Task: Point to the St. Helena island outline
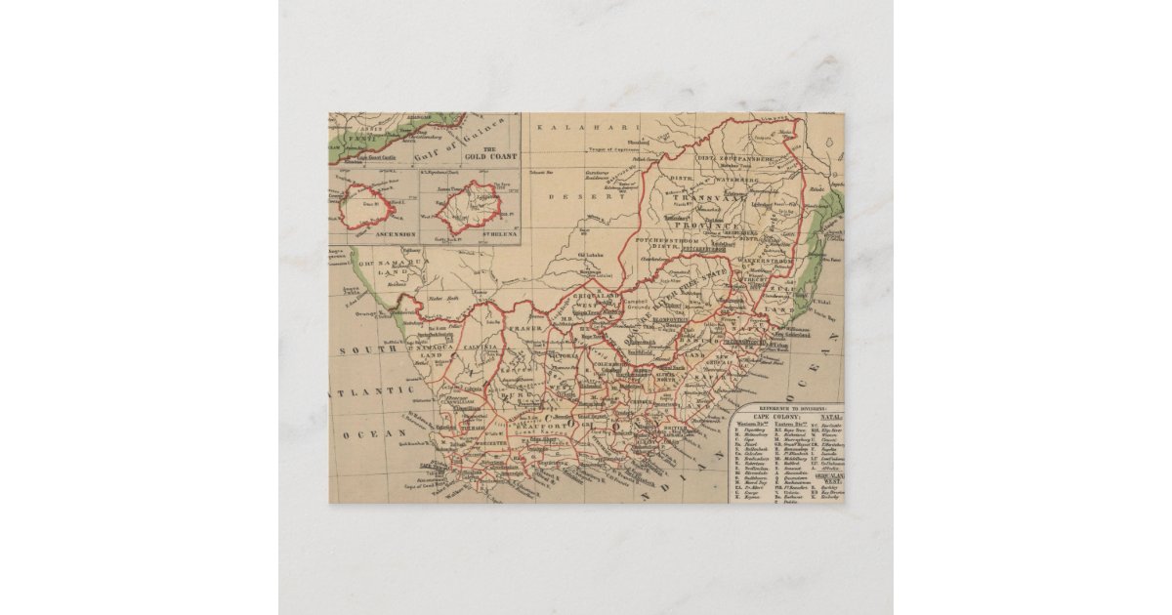click(x=469, y=206)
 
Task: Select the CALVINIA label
click(x=480, y=347)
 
